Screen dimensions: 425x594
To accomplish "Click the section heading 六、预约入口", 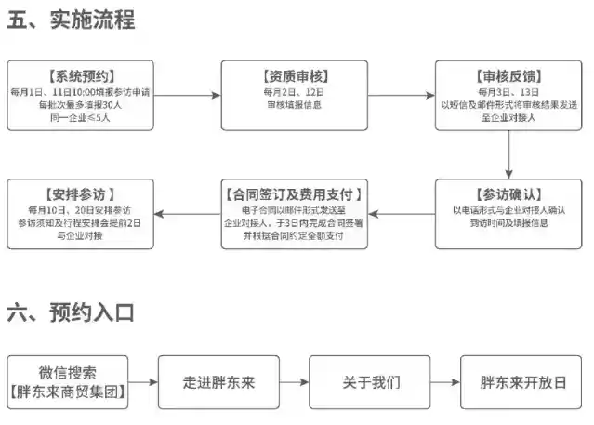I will [x=72, y=312].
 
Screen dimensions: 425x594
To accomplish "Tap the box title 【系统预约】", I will [x=80, y=75].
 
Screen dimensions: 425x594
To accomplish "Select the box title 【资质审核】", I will [x=295, y=75].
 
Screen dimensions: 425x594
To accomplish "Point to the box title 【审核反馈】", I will [x=509, y=75].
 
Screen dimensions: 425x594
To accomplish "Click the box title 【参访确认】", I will [x=509, y=193].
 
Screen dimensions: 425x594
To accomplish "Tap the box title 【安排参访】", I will [x=80, y=193].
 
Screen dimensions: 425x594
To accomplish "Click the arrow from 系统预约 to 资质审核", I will [x=187, y=95].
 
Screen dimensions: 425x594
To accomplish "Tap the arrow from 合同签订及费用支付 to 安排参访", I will [x=187, y=213].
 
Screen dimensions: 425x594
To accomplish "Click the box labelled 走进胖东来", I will [x=218, y=382].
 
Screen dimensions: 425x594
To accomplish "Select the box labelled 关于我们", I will [x=371, y=382].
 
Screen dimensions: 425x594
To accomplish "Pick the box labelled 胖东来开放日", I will [x=522, y=382].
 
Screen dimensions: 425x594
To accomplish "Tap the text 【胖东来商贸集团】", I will [x=68, y=392].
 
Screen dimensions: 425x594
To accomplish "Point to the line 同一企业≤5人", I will [x=80, y=118].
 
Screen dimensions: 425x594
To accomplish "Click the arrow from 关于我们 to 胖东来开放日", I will [x=445, y=382].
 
